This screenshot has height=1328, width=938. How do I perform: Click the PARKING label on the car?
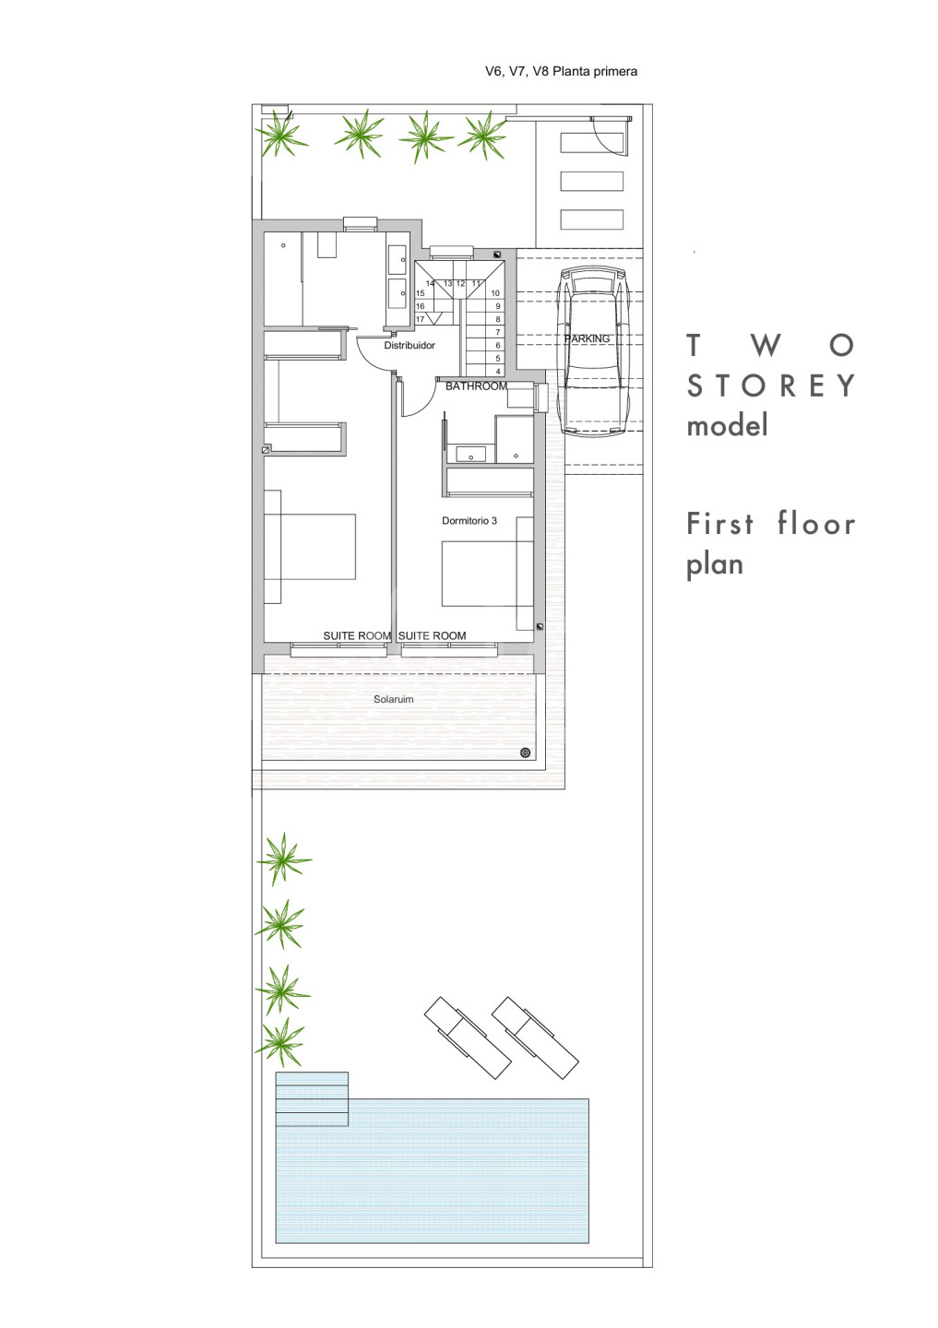coord(587,338)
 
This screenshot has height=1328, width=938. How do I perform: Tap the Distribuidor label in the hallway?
coord(410,345)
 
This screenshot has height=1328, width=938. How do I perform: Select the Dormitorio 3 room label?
coord(469,520)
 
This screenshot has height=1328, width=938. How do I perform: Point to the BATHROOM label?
coord(476,385)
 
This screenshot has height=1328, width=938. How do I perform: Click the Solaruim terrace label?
coord(393,699)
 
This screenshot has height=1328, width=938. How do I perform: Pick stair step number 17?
coord(420,319)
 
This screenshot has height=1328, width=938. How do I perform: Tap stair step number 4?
coord(498,371)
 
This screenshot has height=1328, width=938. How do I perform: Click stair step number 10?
coord(495,293)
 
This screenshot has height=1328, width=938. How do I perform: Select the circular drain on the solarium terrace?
coord(525,753)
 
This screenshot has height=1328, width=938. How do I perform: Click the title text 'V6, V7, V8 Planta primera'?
coord(561,72)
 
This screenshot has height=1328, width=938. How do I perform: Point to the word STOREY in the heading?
coord(770,385)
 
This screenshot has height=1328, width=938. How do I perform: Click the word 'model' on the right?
coord(727,425)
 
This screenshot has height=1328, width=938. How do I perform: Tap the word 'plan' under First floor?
coord(715,565)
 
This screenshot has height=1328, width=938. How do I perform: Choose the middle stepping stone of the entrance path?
coord(592,181)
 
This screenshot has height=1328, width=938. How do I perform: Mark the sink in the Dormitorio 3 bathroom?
coord(470,455)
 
